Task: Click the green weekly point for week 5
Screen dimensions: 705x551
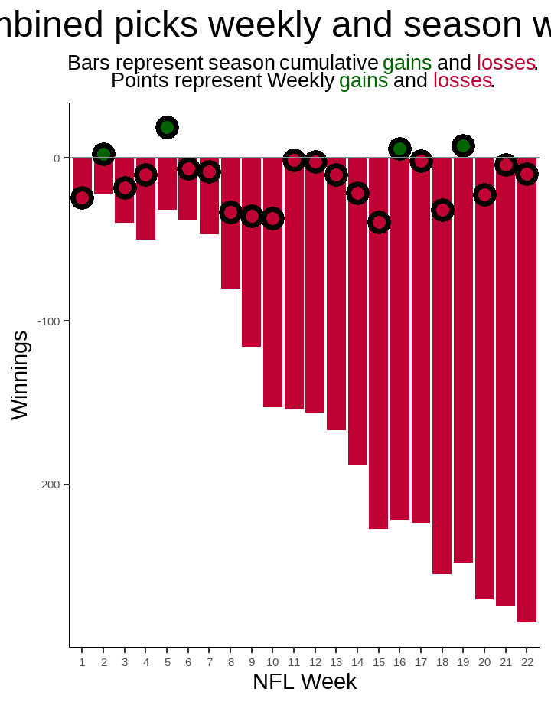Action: (x=167, y=127)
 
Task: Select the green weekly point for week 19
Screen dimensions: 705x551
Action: (x=463, y=145)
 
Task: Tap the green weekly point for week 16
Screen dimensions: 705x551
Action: (x=399, y=149)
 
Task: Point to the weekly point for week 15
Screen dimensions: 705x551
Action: (x=379, y=223)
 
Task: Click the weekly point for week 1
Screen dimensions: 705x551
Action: (x=82, y=197)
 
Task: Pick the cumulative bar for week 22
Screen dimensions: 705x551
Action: (x=527, y=398)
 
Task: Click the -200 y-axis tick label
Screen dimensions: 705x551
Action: (x=50, y=485)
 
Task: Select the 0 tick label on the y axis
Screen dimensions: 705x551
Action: (x=57, y=158)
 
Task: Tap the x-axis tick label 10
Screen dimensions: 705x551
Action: (x=272, y=662)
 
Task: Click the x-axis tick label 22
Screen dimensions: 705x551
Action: (x=527, y=662)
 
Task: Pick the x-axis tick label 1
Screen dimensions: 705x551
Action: (x=82, y=662)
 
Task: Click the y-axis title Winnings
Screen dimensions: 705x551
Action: (x=20, y=375)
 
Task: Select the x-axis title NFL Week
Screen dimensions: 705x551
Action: (x=305, y=681)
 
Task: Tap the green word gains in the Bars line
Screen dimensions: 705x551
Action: (x=407, y=63)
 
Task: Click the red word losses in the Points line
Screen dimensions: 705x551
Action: (x=462, y=80)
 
